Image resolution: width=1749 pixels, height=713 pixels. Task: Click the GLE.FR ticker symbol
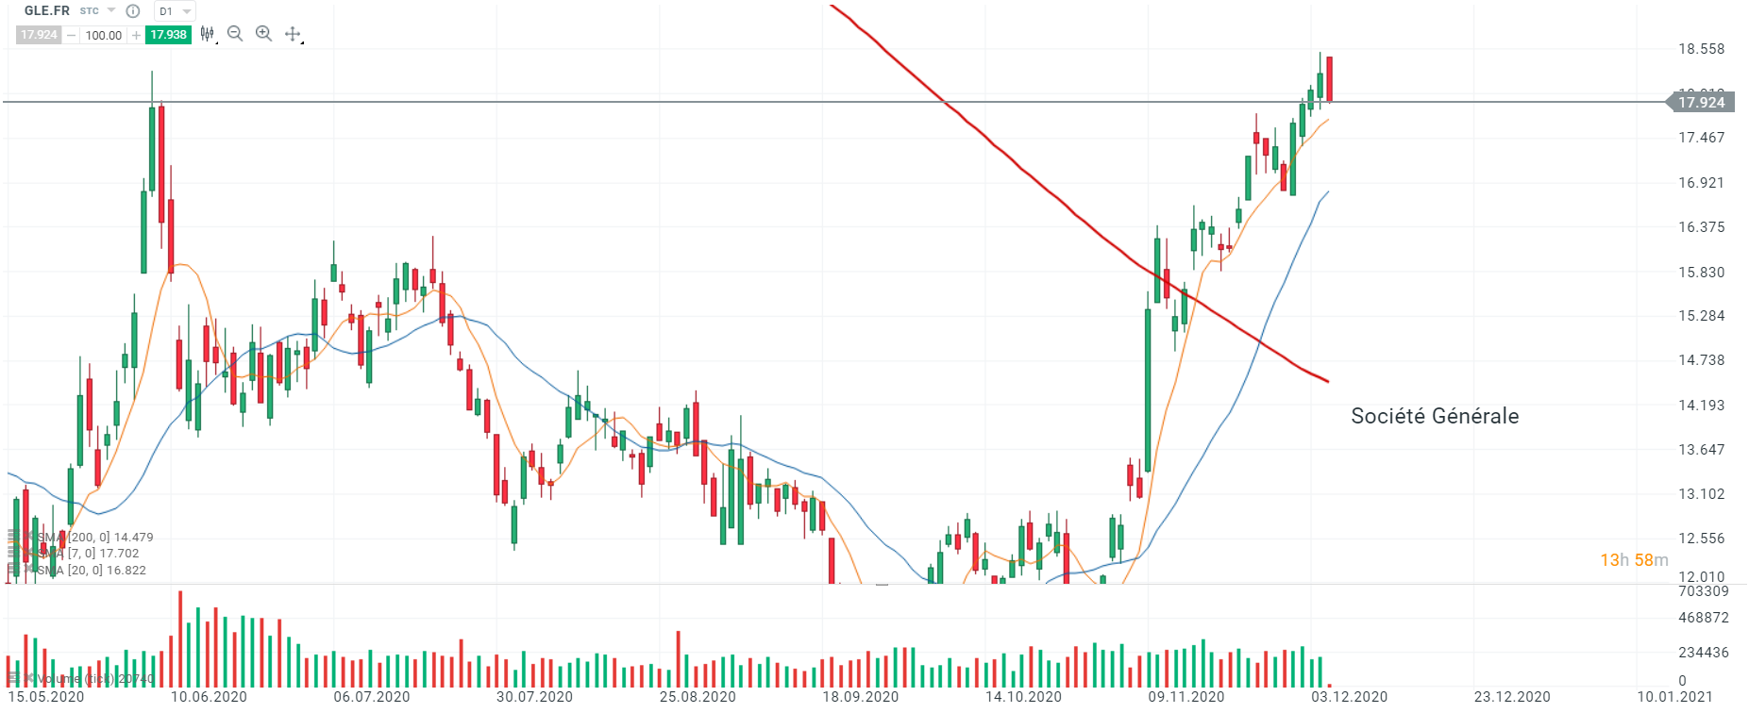click(x=47, y=11)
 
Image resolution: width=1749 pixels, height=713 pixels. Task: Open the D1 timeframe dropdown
click(x=175, y=11)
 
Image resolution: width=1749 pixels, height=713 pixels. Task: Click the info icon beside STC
click(x=133, y=11)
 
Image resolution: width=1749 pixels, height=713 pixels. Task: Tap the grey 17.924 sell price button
click(x=39, y=35)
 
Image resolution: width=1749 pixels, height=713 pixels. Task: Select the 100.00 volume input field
click(x=103, y=35)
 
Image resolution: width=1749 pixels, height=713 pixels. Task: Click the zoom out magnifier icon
click(x=235, y=34)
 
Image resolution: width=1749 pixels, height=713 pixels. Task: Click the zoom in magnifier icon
click(x=264, y=34)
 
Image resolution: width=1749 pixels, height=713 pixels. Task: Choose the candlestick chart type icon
click(x=207, y=34)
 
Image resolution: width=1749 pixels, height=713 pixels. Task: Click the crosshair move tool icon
click(x=294, y=34)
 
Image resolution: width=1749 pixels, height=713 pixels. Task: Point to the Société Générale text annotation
click(x=1435, y=416)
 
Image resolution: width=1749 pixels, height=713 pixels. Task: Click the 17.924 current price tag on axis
click(x=1701, y=102)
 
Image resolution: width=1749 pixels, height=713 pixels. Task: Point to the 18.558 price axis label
click(x=1701, y=49)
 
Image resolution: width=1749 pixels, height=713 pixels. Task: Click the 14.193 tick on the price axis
click(x=1701, y=406)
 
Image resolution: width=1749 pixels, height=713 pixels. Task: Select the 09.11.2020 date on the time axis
click(x=1186, y=697)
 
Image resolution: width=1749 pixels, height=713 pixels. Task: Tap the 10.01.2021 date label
click(x=1674, y=697)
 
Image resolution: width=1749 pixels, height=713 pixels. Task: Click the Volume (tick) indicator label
click(x=90, y=678)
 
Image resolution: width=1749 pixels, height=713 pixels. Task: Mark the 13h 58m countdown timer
click(x=1634, y=560)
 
